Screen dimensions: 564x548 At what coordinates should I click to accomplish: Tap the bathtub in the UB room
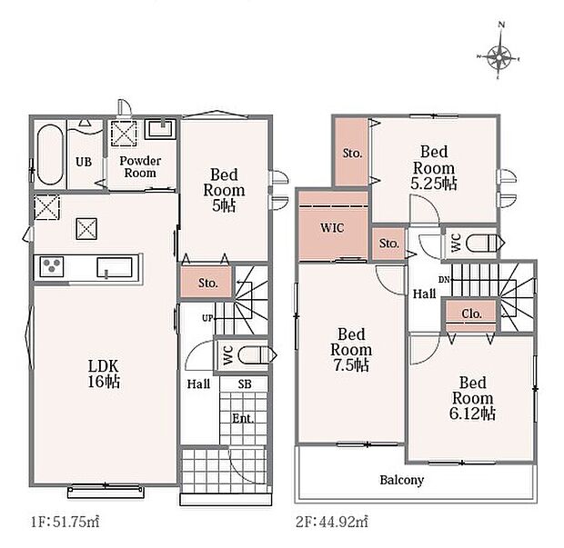pos(50,154)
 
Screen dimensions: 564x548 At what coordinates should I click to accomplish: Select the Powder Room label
pos(140,166)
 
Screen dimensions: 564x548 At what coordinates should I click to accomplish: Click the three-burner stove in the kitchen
pos(52,266)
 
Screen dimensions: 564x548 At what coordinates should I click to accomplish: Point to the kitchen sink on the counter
pos(115,268)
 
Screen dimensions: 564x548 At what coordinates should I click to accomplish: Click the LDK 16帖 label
pos(104,374)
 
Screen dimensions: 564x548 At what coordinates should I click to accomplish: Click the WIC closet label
pos(332,228)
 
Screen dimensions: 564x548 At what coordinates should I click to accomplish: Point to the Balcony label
pos(402,480)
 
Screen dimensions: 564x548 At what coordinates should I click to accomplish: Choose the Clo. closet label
pos(471,314)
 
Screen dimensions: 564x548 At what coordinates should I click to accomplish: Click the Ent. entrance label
pos(243,418)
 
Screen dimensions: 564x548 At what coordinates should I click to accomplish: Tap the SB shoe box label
pos(245,384)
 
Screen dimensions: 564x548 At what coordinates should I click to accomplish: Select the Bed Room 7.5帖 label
pos(351,350)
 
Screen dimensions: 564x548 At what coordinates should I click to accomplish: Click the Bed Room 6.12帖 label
pos(473,398)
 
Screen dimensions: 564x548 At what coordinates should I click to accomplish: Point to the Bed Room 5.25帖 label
pos(434,167)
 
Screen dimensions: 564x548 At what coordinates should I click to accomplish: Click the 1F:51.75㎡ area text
pos(65,522)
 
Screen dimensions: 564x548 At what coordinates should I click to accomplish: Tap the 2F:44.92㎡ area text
pos(332,522)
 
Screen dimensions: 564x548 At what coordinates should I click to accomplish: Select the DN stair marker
pos(444,279)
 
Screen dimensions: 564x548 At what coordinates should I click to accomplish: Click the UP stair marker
pos(207,318)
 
